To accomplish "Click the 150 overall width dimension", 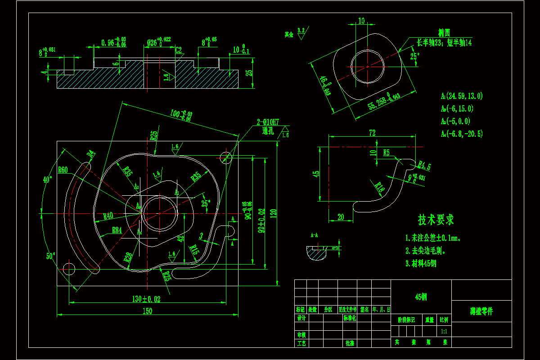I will tap(147, 311).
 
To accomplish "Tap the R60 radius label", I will tap(63, 170).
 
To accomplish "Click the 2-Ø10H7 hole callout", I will tap(268, 122).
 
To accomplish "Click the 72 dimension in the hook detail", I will tap(372, 133).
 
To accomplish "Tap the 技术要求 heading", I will tap(436, 220).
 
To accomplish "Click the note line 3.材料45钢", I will tap(421, 264).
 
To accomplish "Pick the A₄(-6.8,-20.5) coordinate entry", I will tap(462, 134).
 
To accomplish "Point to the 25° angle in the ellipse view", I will tap(414, 57).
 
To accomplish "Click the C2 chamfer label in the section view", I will tap(179, 49).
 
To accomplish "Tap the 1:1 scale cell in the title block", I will tap(444, 331).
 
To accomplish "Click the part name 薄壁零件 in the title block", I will tap(481, 311).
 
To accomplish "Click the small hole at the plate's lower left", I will tap(68, 269).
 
